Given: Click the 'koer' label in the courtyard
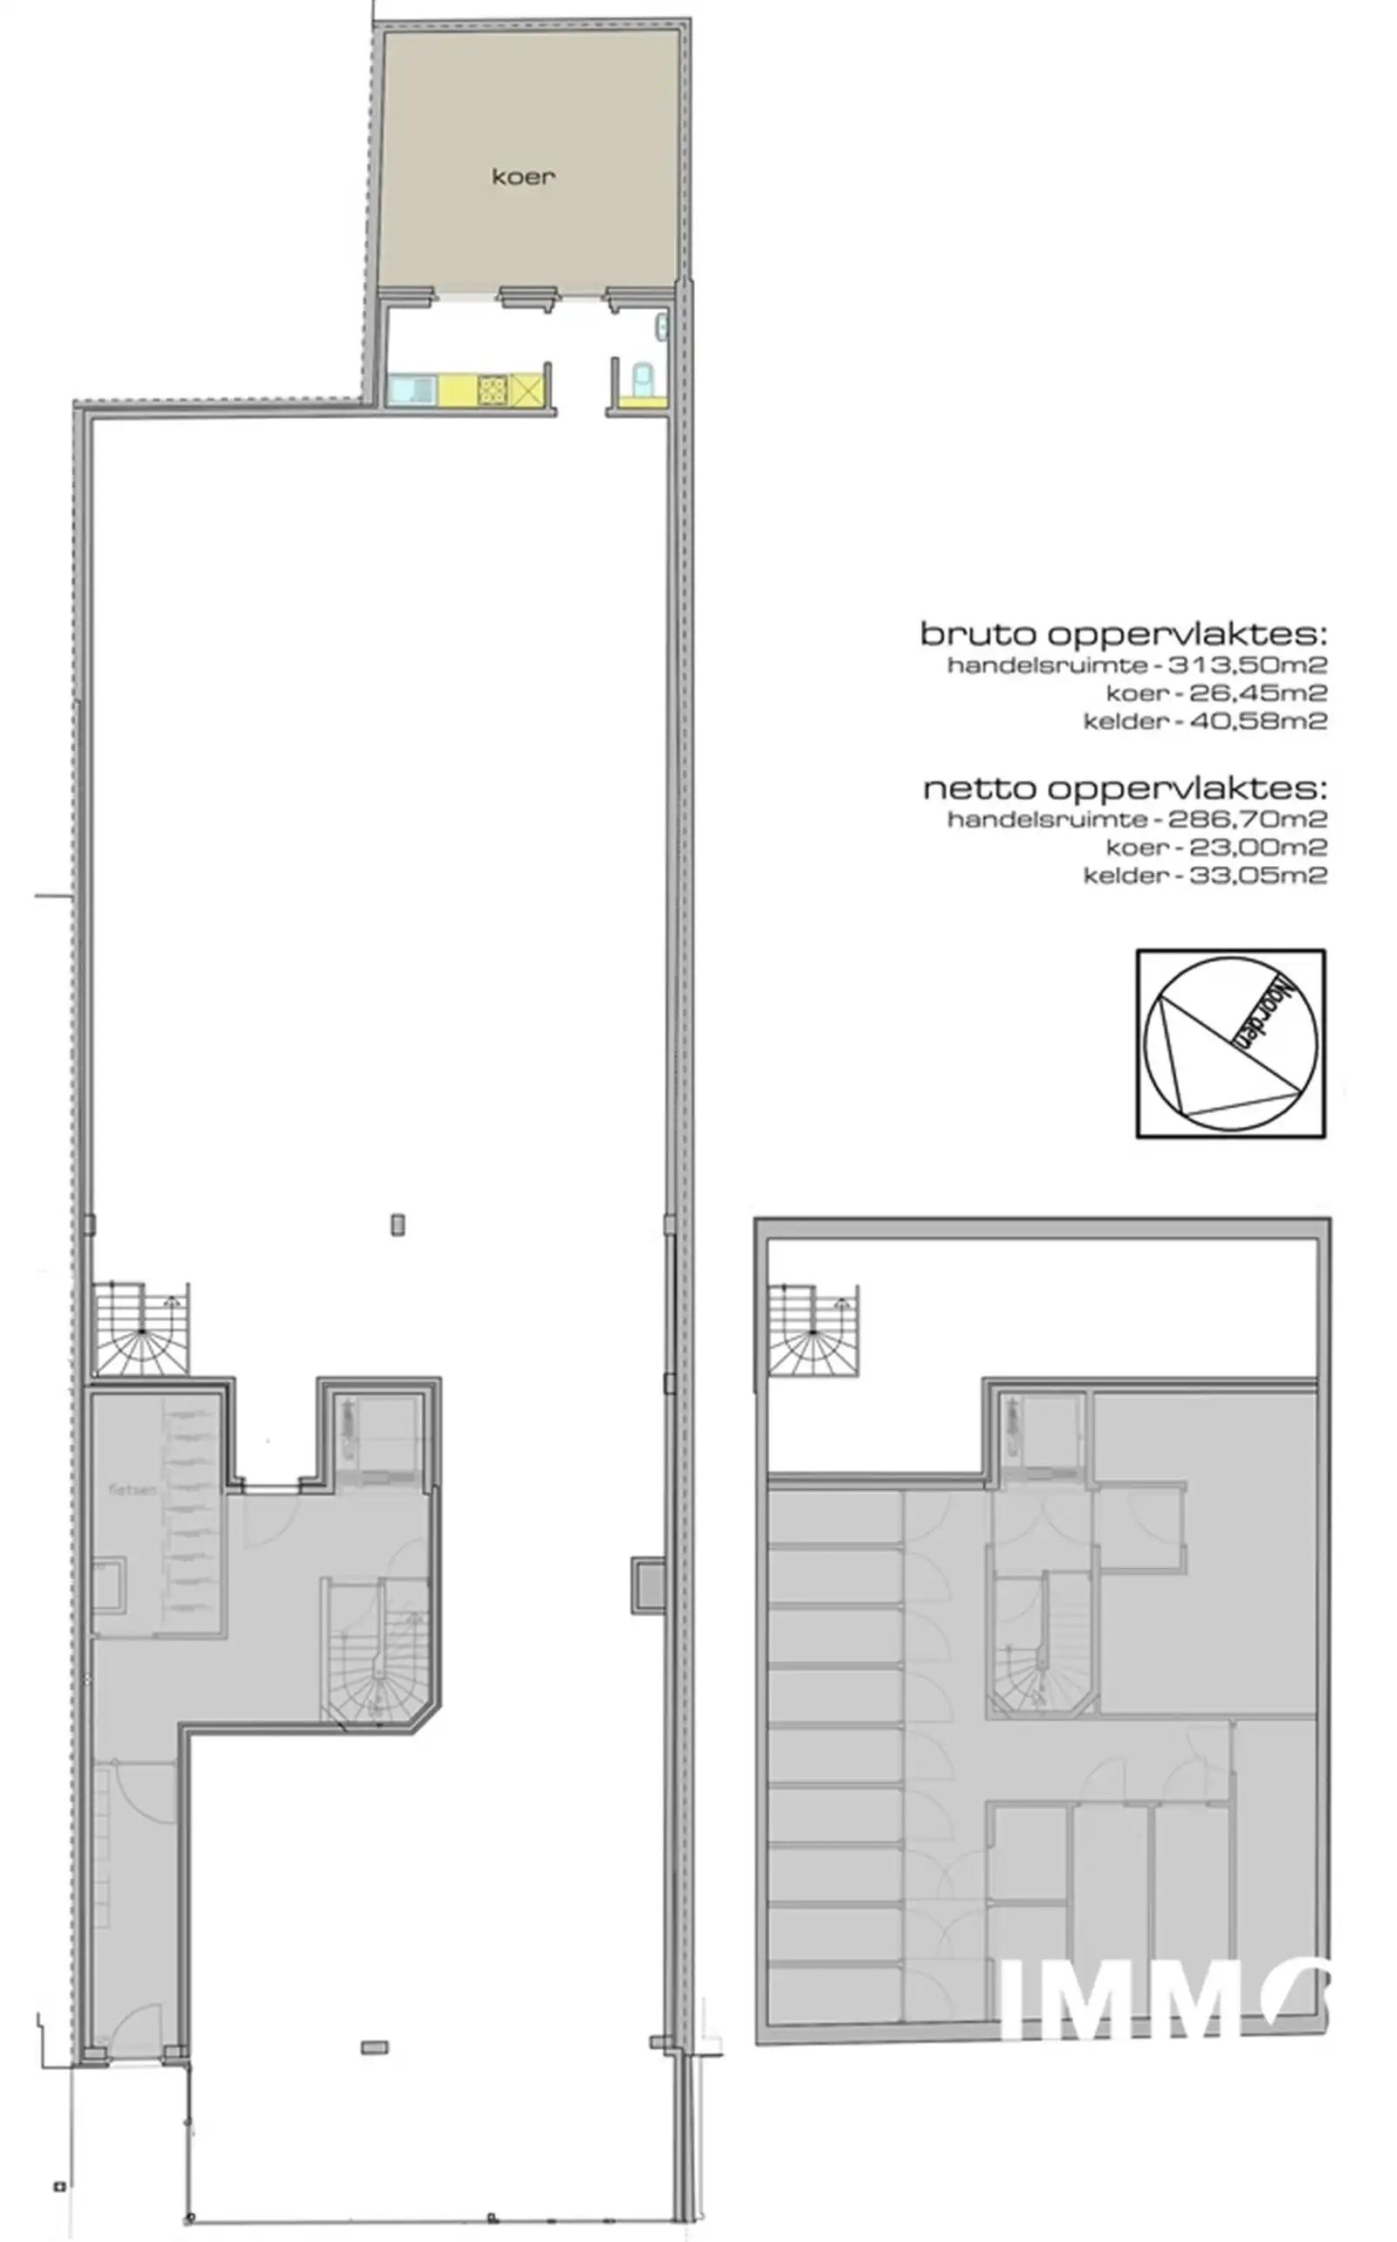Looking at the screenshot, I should (x=523, y=176).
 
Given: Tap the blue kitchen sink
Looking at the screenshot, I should (x=411, y=389).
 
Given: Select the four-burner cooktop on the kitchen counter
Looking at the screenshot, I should (x=492, y=389).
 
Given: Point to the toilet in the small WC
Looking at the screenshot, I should (x=642, y=377).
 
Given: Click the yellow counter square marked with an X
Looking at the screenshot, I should (x=526, y=389).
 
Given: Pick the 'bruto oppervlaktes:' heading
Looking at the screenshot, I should (x=1123, y=634).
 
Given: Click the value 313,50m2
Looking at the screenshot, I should (x=1248, y=664).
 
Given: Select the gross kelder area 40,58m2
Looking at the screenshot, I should (x=1257, y=721).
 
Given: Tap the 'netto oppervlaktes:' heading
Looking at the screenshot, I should (x=1125, y=788).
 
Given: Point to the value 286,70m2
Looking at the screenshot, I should (x=1248, y=818).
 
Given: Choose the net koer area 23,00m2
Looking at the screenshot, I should (x=1257, y=847).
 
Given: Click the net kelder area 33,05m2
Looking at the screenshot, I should (x=1257, y=876).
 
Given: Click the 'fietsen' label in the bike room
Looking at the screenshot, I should (x=132, y=1489).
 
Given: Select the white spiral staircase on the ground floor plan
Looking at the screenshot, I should (x=141, y=1326).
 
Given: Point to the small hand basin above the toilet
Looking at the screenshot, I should (x=662, y=325).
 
